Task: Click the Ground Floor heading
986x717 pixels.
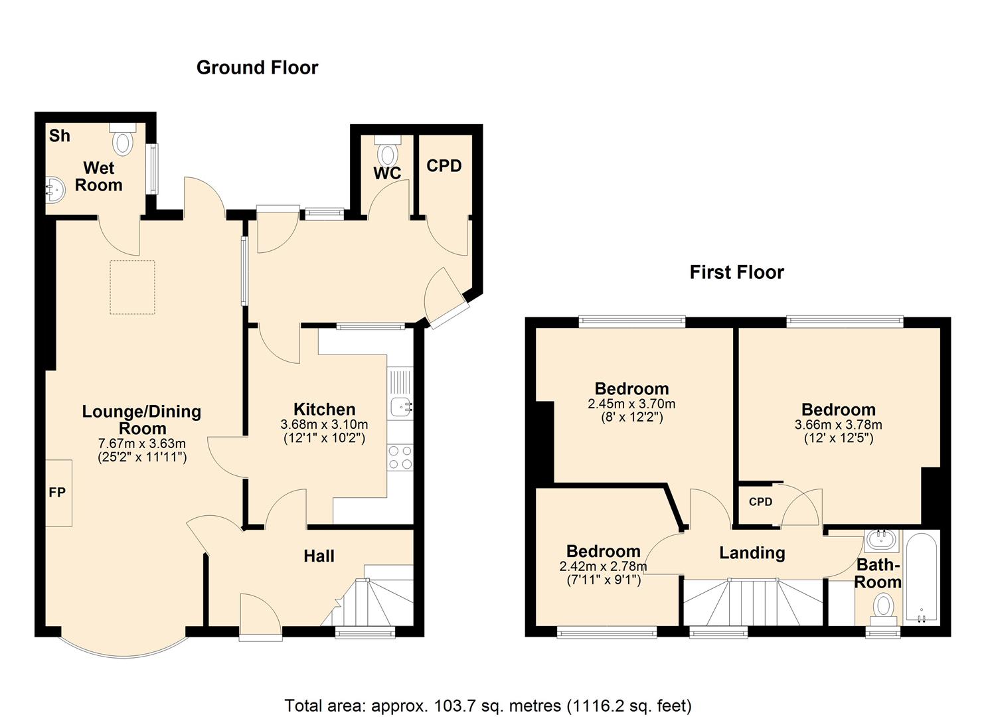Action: click(x=257, y=68)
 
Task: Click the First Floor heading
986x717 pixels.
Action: click(x=736, y=272)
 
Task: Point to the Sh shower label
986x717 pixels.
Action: click(x=59, y=135)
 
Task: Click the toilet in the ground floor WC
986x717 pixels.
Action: click(x=386, y=152)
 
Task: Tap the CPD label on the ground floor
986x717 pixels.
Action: click(x=444, y=166)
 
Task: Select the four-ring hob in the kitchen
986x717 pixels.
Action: click(x=400, y=457)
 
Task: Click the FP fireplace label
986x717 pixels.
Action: click(x=57, y=493)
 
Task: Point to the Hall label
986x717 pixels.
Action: click(x=319, y=556)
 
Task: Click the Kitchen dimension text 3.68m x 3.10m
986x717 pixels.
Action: click(x=324, y=424)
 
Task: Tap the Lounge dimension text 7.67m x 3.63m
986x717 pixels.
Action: click(x=141, y=443)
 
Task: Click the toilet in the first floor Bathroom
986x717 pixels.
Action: click(x=883, y=607)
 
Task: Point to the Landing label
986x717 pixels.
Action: click(x=752, y=553)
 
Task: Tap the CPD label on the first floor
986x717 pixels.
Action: click(x=760, y=502)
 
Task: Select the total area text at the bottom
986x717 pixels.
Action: click(x=488, y=705)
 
